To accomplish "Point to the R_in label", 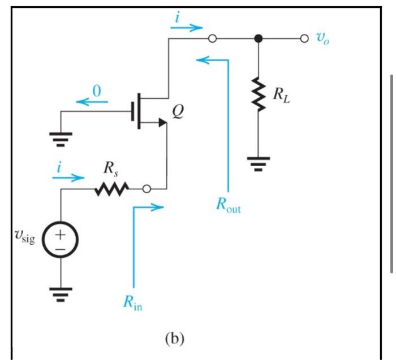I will coord(133,305).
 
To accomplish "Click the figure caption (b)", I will coord(174,339).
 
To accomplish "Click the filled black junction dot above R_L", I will coord(259,39).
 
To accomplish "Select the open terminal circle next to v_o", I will coord(304,39).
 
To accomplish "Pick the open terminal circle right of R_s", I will coord(147,189).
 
